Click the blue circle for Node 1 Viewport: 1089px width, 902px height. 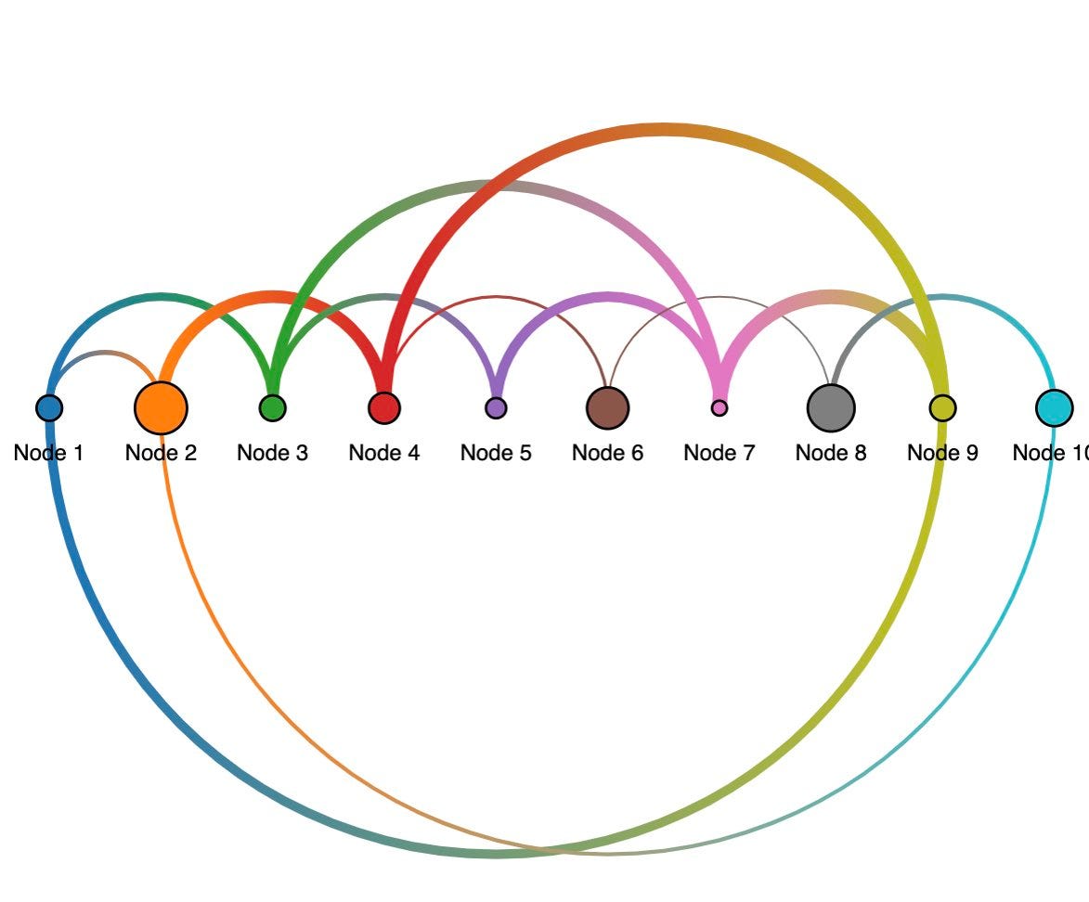(49, 407)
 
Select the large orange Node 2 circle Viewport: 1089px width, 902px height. (161, 407)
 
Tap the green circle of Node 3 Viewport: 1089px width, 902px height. (272, 407)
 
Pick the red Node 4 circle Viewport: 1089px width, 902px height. (384, 407)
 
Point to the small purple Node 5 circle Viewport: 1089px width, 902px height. (496, 407)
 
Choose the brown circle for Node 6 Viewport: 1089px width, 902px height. (608, 407)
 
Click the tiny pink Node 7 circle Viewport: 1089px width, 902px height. (720, 407)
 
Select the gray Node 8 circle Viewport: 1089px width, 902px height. (831, 407)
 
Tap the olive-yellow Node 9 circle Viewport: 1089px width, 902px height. (942, 407)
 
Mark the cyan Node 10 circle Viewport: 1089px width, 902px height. (1054, 407)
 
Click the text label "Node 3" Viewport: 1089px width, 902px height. (272, 453)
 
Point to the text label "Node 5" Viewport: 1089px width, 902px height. (496, 453)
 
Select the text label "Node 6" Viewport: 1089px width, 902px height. (607, 453)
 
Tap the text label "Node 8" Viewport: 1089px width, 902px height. (831, 453)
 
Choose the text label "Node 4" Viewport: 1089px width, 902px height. (383, 453)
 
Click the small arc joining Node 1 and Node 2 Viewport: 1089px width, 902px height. (105, 353)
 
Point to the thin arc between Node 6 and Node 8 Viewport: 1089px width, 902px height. (720, 298)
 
